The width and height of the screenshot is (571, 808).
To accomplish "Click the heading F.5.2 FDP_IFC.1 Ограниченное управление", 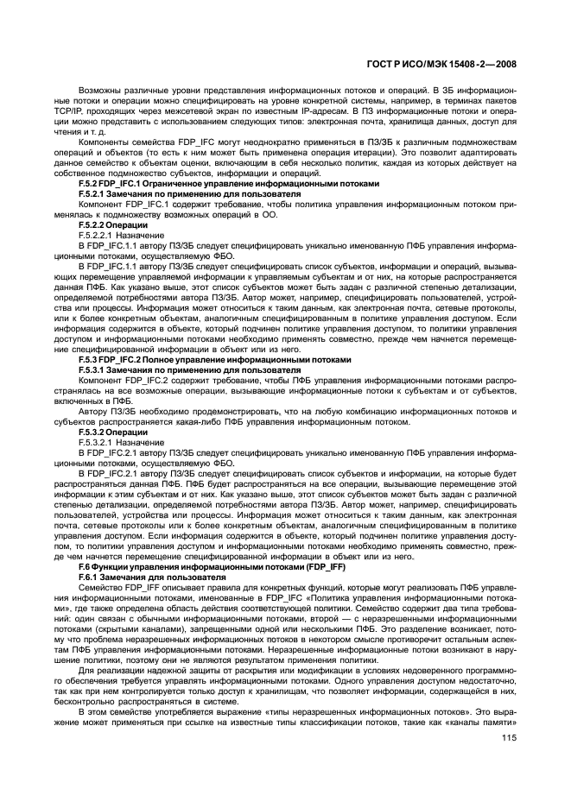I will coord(228,183).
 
